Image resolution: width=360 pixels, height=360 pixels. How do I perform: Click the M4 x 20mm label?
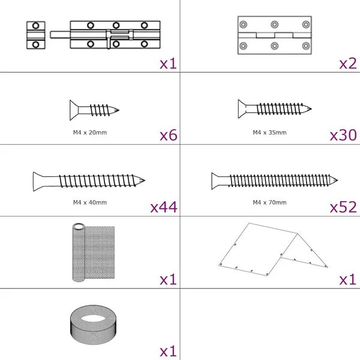point(90,133)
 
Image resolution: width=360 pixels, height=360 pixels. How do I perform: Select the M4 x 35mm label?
point(269,133)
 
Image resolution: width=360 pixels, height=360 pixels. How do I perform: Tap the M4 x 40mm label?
point(90,203)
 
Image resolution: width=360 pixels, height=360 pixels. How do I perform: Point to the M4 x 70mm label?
point(269,203)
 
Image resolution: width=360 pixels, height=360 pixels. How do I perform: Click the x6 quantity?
point(169,135)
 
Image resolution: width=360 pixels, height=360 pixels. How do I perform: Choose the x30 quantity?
point(343,135)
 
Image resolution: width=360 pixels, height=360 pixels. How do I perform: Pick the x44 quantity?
point(164,207)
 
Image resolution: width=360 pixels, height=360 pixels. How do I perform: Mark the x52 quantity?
point(343,207)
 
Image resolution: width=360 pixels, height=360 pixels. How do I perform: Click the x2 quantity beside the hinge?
point(348,64)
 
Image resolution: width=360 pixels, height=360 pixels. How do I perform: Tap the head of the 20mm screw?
point(74,110)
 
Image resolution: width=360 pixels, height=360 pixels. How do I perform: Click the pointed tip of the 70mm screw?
point(337,180)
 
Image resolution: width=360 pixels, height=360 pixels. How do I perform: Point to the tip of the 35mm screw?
point(310,109)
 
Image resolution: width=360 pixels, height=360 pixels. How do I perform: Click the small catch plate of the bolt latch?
point(35,35)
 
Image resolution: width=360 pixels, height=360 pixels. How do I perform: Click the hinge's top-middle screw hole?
point(275,25)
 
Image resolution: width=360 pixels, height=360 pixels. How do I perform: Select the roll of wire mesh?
point(94,252)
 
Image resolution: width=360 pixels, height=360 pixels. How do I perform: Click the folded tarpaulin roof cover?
point(273,250)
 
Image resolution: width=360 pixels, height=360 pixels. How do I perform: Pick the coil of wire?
point(93,325)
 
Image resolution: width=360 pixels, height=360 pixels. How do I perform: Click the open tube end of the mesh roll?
point(79,227)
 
